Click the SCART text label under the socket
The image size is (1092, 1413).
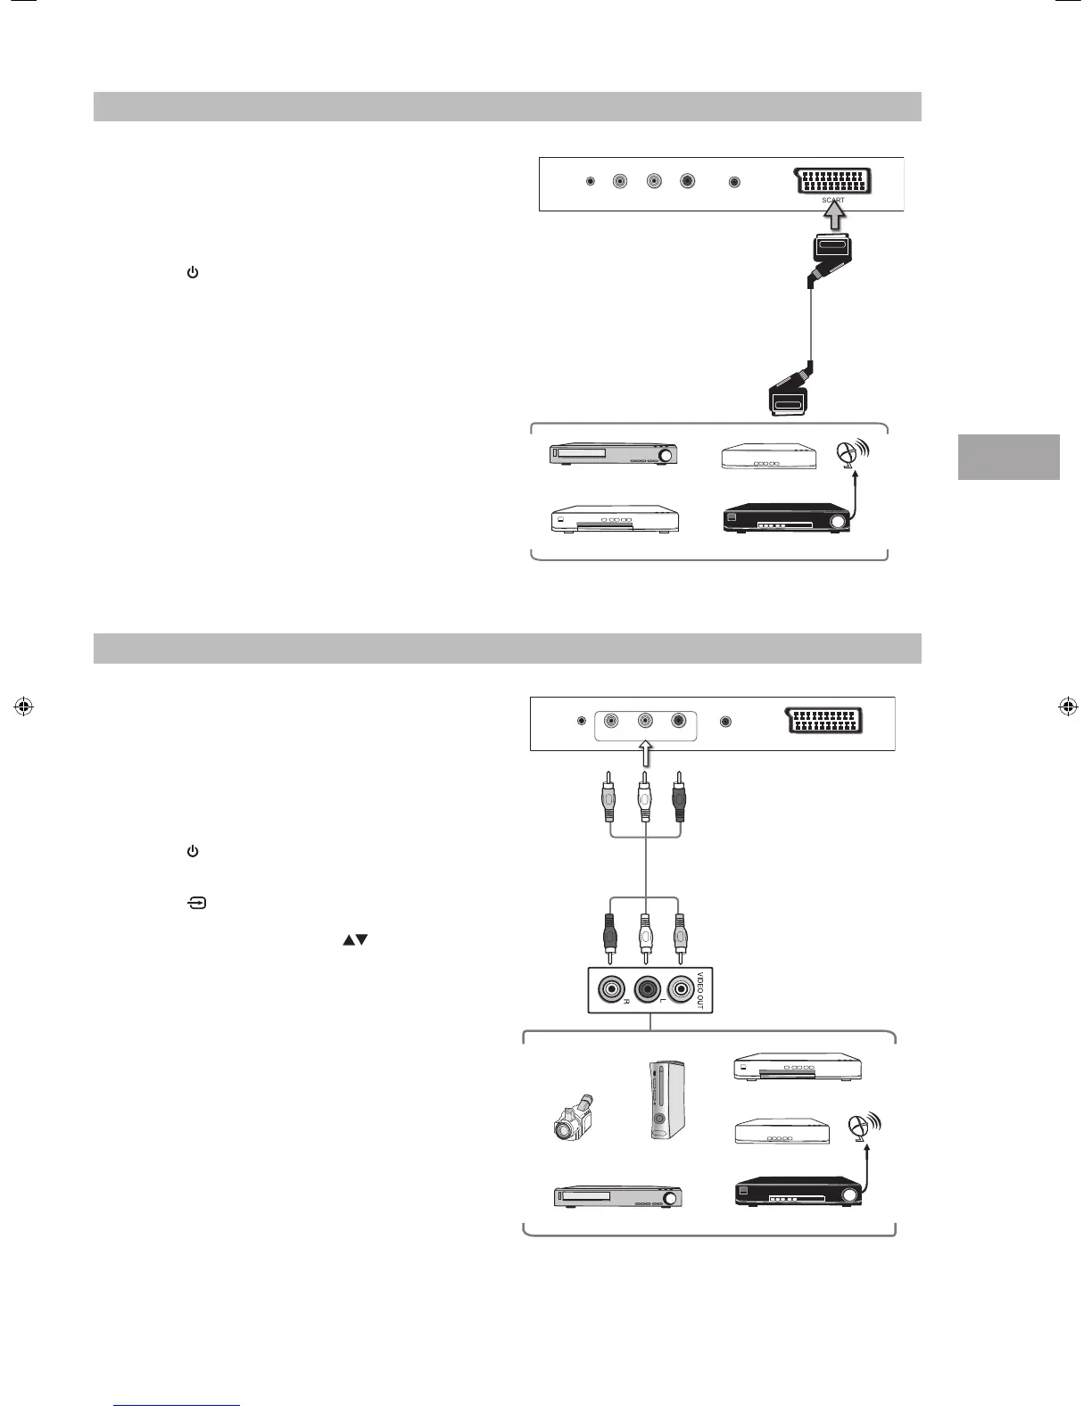[x=832, y=201]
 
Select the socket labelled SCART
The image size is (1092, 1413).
[x=832, y=181]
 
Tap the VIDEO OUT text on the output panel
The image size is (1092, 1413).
[x=699, y=989]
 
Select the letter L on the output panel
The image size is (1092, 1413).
[x=663, y=1002]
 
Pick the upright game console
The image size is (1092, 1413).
[x=663, y=1101]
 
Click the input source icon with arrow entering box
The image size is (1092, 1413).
[x=196, y=904]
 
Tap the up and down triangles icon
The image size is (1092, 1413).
[x=354, y=940]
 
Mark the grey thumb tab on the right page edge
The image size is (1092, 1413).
[x=1008, y=457]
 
